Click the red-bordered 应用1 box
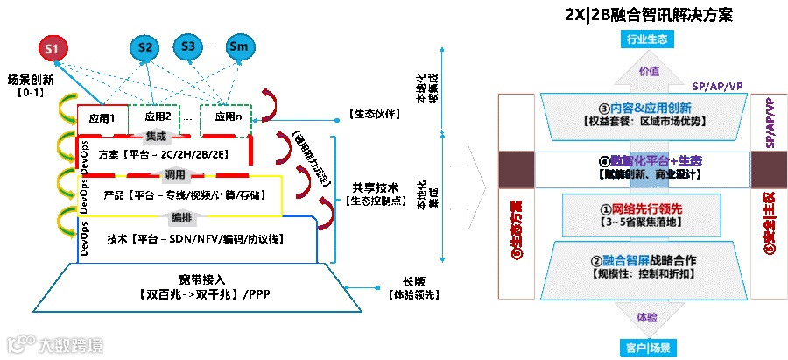(102, 117)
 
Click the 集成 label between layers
(156, 136)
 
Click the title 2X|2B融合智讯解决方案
(649, 16)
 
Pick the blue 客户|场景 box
(648, 348)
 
